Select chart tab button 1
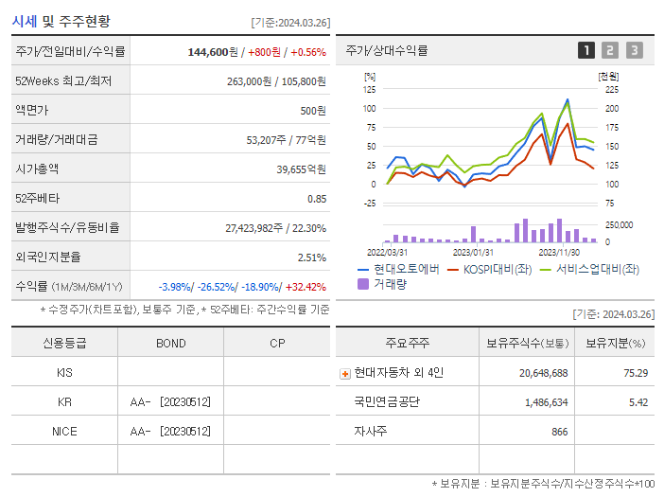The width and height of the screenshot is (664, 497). [586, 50]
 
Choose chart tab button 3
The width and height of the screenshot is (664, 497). [634, 50]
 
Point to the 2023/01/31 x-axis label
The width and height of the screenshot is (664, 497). [473, 252]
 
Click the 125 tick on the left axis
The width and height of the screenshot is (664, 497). [369, 89]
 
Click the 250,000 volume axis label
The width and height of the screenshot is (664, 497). [619, 224]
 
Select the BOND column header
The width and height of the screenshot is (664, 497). [171, 343]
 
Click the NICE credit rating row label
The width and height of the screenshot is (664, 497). [64, 431]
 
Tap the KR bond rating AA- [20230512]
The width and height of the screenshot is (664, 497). [171, 401]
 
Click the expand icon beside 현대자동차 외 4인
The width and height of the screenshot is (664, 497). [344, 373]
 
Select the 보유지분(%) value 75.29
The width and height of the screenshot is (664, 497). [636, 373]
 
